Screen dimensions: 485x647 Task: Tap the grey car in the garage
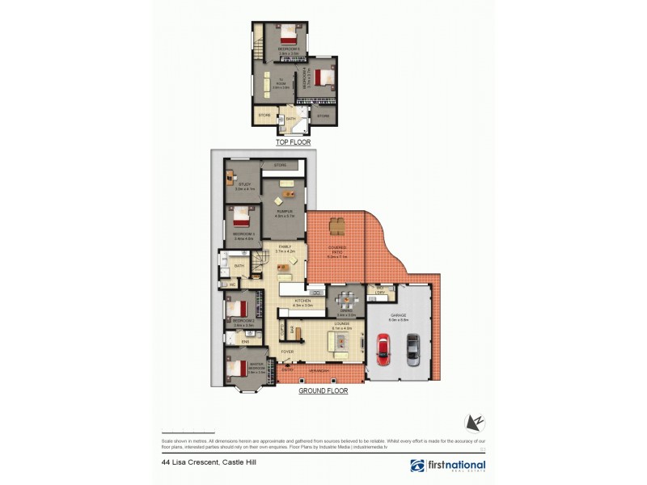point(412,348)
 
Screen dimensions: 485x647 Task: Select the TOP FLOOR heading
point(293,142)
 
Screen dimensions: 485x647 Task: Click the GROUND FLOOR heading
point(323,390)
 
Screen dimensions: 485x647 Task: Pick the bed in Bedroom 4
point(323,78)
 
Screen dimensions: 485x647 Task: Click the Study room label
point(244,185)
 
